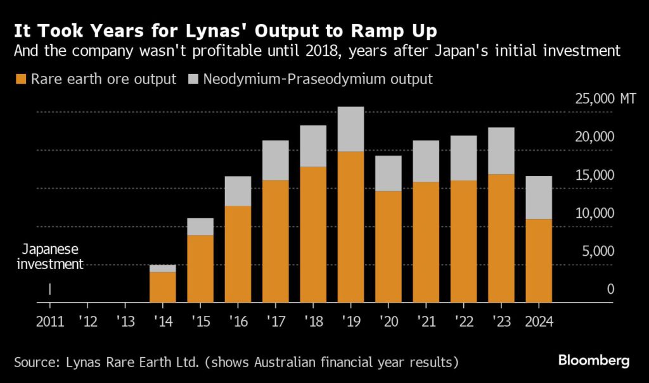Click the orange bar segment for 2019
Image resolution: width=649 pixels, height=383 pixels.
coord(350,227)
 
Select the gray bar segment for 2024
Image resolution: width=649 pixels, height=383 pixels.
coord(539,198)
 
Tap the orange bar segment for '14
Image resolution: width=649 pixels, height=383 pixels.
coord(162,287)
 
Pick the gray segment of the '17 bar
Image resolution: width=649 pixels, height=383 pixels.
coord(275,160)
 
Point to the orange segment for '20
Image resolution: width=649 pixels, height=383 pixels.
coord(388,246)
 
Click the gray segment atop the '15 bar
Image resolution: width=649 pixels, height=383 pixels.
coord(200,227)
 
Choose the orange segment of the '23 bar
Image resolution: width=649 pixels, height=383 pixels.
coord(501,238)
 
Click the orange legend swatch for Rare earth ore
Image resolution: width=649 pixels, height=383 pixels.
coord(19,80)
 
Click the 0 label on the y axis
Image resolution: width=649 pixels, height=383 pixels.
coord(610,289)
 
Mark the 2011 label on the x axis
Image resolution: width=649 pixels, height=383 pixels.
coord(49,321)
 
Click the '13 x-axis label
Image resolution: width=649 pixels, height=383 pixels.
coord(125,321)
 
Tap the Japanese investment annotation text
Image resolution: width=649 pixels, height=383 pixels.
coord(48,257)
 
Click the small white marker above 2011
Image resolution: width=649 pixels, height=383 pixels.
coord(49,289)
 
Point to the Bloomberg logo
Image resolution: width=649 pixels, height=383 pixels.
coord(593,361)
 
